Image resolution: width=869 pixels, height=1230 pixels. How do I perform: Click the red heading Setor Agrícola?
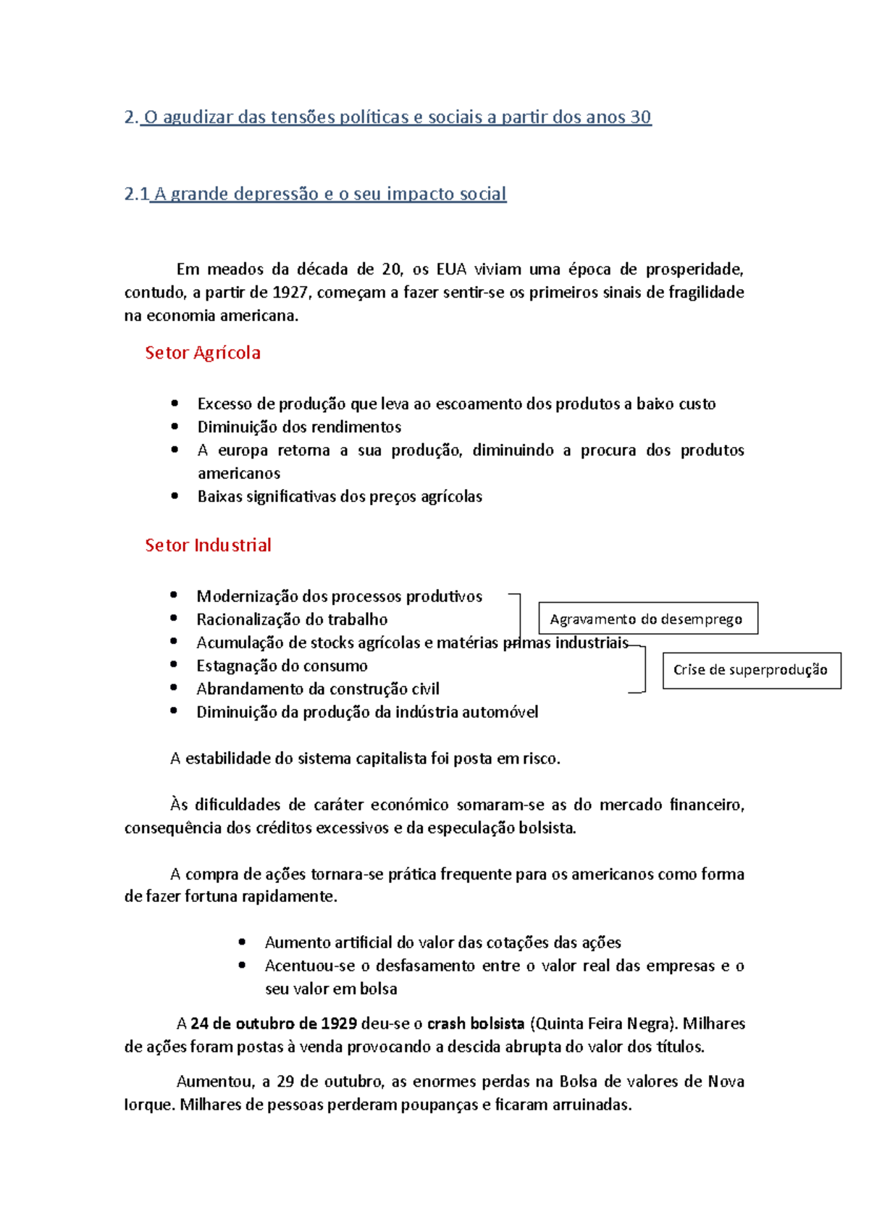[x=202, y=353]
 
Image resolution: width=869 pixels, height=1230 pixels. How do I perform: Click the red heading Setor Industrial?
[x=208, y=545]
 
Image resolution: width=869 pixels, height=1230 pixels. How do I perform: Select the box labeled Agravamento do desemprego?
[x=648, y=619]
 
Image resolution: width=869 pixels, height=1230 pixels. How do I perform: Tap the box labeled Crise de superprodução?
[x=751, y=670]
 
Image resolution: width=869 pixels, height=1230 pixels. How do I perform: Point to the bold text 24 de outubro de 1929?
[x=274, y=1024]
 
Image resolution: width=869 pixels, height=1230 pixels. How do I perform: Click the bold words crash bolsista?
[x=476, y=1024]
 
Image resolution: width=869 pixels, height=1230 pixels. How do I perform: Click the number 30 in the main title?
[x=641, y=117]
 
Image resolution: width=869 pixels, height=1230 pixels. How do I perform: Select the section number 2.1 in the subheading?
[x=136, y=194]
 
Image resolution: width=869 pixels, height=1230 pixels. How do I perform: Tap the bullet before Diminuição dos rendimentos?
[x=175, y=427]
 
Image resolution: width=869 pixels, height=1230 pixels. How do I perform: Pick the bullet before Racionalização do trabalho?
[x=174, y=618]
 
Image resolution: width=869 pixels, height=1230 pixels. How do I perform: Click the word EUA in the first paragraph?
[x=451, y=269]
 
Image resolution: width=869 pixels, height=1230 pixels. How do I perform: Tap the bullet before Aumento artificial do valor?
[x=243, y=942]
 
